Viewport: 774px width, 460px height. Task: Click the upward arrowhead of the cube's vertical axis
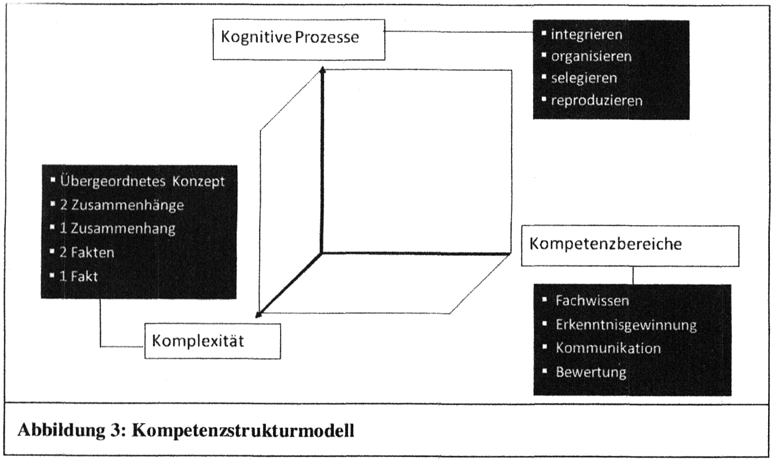(322, 71)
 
